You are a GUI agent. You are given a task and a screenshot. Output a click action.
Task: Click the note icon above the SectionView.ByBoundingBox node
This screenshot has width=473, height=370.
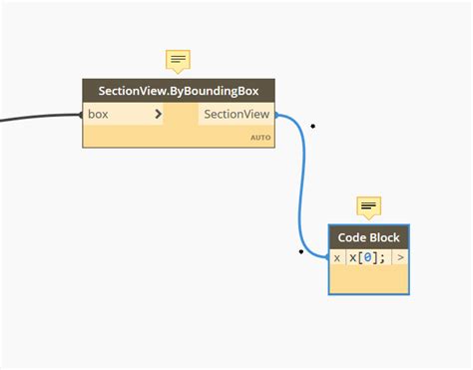[179, 61]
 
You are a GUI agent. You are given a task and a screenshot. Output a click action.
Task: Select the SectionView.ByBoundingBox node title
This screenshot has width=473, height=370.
[179, 91]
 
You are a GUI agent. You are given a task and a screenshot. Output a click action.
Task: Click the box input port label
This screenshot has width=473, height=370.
[99, 115]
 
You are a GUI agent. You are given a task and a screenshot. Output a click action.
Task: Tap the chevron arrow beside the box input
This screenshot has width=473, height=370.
[158, 115]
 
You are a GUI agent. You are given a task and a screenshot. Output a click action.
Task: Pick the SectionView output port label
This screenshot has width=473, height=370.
[236, 115]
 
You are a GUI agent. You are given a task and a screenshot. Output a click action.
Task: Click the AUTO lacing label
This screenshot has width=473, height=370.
[259, 138]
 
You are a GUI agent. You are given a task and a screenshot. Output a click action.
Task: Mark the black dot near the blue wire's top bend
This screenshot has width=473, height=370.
[313, 126]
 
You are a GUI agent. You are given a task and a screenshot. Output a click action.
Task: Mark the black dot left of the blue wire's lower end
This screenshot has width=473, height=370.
[301, 251]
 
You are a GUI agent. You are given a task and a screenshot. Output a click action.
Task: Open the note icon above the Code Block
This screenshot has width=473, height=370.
[369, 207]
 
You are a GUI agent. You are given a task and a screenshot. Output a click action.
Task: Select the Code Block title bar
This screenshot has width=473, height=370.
[369, 237]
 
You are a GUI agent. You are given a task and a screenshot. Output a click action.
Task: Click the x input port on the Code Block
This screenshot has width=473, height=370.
[337, 257]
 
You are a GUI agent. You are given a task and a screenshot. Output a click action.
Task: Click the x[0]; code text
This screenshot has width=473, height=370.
[366, 257]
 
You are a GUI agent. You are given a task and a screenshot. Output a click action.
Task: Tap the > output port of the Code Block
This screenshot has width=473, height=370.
[400, 257]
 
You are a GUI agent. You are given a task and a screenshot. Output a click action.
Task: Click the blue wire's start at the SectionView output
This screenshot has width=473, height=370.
[276, 116]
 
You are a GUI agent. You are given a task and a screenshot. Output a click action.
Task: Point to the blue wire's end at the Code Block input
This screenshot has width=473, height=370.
[327, 257]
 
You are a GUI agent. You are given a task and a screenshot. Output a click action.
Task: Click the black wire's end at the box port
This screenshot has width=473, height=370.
[83, 115]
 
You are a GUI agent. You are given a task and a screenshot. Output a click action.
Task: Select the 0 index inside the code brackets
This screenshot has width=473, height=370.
[368, 257]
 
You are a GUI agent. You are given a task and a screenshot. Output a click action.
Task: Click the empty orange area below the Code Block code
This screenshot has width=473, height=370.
[369, 280]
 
